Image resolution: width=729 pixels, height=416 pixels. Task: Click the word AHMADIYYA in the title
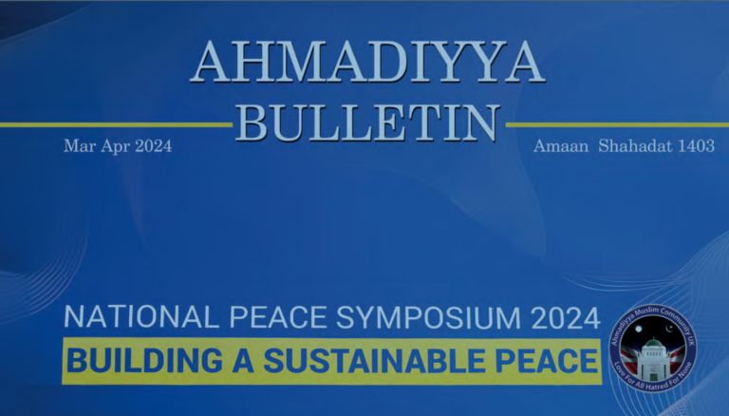366,66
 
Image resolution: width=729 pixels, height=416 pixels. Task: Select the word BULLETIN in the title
367,123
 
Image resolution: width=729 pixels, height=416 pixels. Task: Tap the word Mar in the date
77,146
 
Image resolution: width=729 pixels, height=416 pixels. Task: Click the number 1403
695,146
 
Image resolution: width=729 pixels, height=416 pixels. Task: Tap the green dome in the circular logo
652,343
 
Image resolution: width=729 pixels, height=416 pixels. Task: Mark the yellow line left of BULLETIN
114,123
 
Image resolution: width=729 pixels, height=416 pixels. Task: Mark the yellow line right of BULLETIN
617,123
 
